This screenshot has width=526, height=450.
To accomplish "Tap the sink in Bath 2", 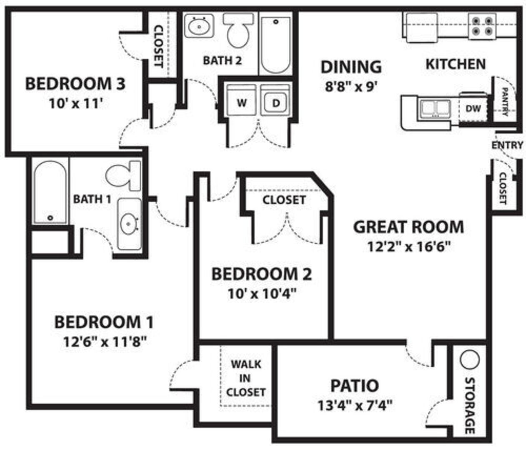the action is pyautogui.click(x=199, y=26).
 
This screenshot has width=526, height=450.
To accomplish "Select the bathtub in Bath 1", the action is pyautogui.click(x=50, y=192).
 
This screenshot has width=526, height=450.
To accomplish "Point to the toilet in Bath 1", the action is pyautogui.click(x=123, y=176).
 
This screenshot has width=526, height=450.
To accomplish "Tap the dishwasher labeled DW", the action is pyautogui.click(x=473, y=109).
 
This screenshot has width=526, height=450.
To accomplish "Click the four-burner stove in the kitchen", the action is pyautogui.click(x=482, y=26).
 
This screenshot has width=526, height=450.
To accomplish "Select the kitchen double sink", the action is pyautogui.click(x=435, y=109).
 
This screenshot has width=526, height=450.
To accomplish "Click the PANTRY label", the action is pyautogui.click(x=505, y=102).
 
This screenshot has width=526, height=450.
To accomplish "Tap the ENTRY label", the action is pyautogui.click(x=507, y=145).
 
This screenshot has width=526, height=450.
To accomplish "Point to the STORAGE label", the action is pyautogui.click(x=470, y=405).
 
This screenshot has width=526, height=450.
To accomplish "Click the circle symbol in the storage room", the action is pyautogui.click(x=469, y=360).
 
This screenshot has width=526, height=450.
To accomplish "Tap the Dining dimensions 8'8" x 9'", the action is pyautogui.click(x=351, y=87).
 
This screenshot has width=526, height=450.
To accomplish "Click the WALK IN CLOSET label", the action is pyautogui.click(x=246, y=378).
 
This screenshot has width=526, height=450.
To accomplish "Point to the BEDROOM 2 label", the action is pyautogui.click(x=262, y=274).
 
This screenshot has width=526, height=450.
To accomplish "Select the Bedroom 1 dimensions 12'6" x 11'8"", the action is pyautogui.click(x=105, y=342).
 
